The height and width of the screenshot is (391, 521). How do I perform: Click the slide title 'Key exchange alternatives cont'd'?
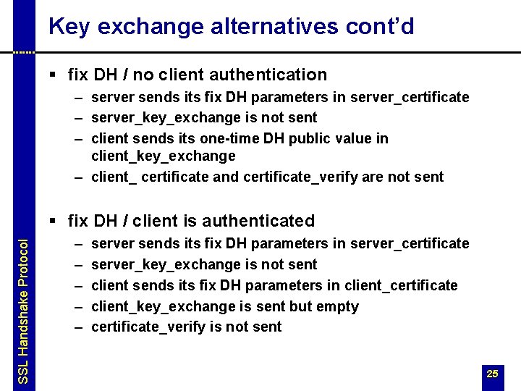(231, 27)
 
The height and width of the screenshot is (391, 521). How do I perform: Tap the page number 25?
(493, 374)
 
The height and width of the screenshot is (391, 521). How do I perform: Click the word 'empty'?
(335, 306)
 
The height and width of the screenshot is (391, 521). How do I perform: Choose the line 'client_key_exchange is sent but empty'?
(225, 306)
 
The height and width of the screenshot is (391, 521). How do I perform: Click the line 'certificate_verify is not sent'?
(187, 327)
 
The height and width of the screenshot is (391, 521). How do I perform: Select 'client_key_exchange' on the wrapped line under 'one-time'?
(164, 156)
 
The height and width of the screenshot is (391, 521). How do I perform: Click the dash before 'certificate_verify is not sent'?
(77, 327)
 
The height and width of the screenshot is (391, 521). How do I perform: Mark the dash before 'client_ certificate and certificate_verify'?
(77, 177)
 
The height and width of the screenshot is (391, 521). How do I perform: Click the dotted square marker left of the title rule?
(24, 52)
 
